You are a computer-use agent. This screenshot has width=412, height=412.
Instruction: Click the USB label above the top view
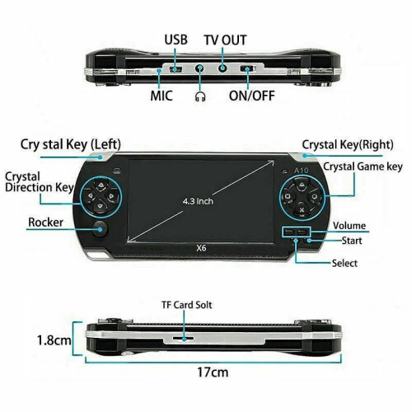[176, 40]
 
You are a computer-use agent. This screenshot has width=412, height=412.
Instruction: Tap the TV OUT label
[225, 40]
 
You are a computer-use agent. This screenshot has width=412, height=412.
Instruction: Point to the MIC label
[162, 96]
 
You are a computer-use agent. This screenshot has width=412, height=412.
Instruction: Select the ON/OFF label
[252, 96]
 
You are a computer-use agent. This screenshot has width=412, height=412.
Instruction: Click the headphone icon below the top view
[200, 96]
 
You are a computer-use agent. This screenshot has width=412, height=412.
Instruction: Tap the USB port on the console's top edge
[176, 69]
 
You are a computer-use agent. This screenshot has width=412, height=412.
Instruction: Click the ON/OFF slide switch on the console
[248, 68]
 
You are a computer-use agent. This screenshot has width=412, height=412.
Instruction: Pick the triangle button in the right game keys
[302, 184]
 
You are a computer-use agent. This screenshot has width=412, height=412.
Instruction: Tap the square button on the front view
[288, 196]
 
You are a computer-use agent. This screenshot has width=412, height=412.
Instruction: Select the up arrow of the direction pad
[101, 185]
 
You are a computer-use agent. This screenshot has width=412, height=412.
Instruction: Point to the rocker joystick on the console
[100, 229]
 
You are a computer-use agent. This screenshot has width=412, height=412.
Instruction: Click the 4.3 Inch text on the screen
[198, 201]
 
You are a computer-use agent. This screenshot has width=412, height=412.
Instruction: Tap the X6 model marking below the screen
[201, 248]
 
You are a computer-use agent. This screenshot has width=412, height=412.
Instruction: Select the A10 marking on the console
[302, 171]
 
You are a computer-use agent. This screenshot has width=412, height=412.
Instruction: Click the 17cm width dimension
[213, 372]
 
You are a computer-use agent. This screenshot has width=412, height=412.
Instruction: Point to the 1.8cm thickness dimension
[54, 340]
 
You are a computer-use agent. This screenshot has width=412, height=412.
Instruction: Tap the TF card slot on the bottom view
[184, 338]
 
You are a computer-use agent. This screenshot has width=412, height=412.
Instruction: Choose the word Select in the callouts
[344, 263]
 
